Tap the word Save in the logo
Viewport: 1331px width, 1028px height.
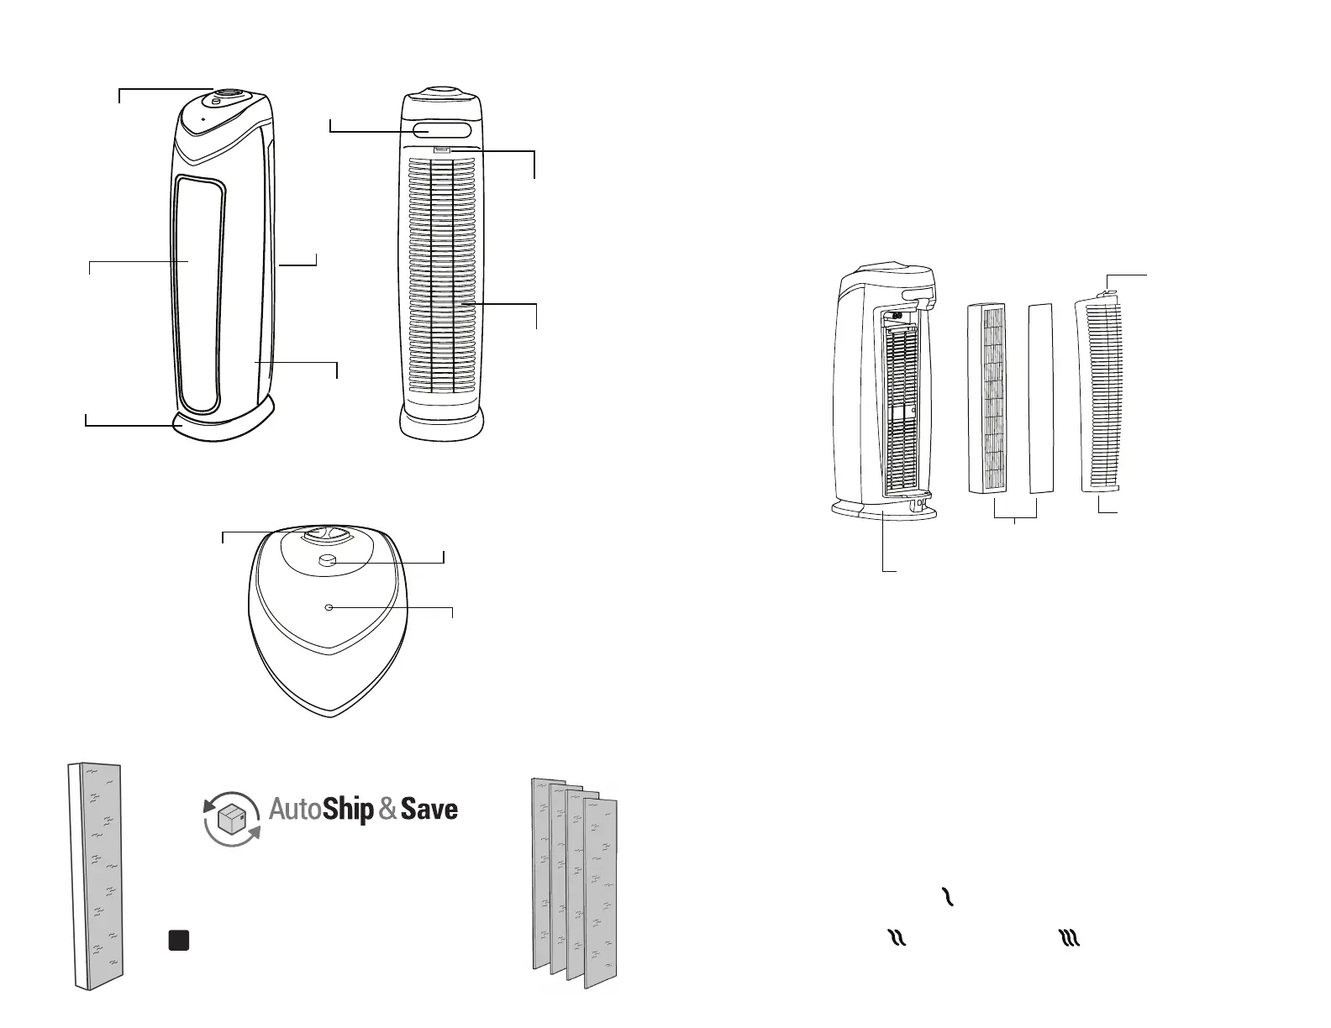429,810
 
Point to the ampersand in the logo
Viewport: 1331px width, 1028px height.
387,810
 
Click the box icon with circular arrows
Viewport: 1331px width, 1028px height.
233,819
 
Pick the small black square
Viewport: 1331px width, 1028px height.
177,940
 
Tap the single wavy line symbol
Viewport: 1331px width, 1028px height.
949,897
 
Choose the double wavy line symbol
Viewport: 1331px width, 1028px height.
897,939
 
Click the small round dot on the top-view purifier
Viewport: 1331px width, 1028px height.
329,606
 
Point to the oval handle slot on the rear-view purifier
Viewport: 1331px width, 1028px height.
441,130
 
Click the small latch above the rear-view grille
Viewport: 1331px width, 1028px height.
441,150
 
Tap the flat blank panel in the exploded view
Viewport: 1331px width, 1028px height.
1040,396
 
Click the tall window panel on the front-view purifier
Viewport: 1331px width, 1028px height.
200,294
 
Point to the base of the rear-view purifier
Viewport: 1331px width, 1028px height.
441,424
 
